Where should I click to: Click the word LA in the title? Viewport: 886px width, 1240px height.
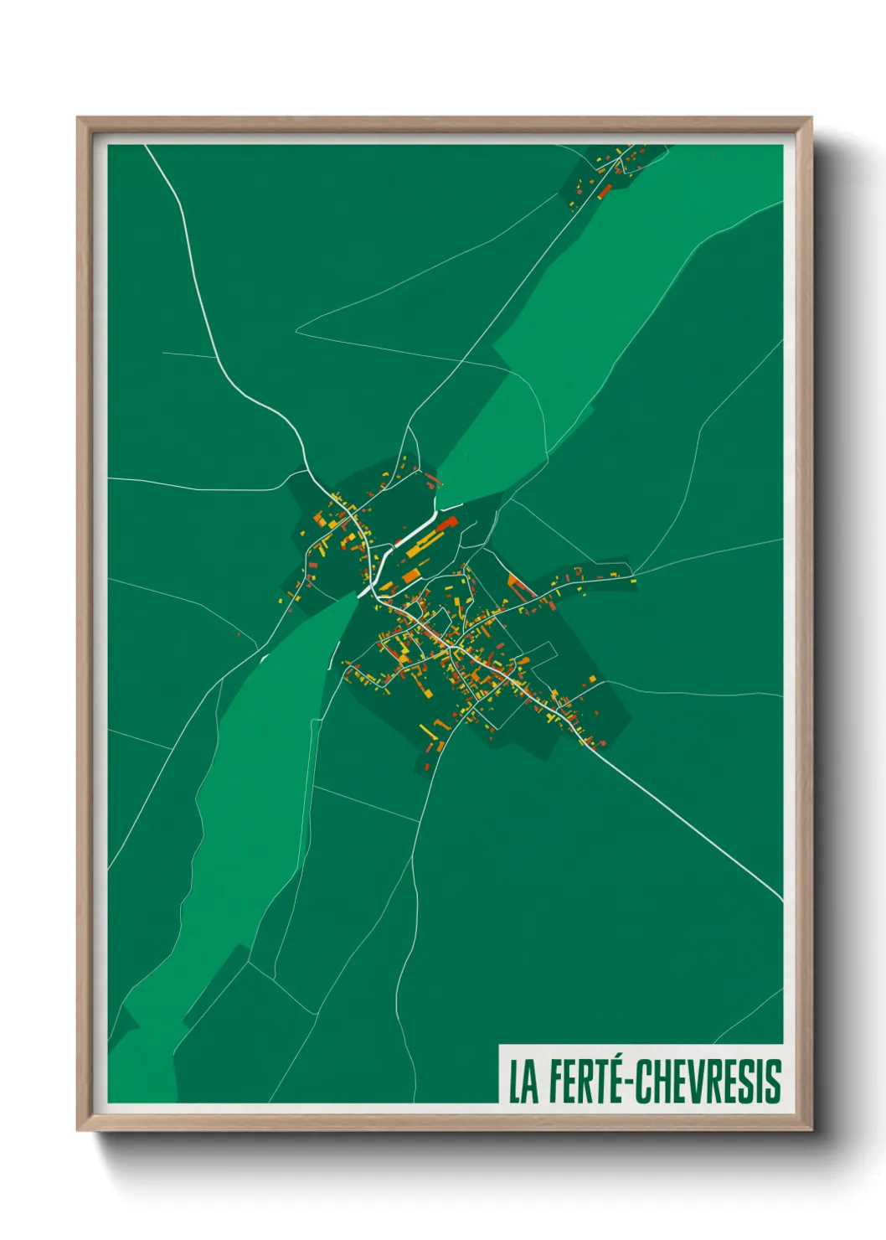pos(523,1082)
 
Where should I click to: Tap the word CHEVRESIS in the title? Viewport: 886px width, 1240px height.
pos(708,1082)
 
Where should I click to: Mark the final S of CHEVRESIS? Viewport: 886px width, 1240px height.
pos(774,1082)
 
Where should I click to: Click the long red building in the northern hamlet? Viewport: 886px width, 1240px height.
pos(605,191)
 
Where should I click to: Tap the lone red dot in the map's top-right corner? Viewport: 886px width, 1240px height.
pos(712,153)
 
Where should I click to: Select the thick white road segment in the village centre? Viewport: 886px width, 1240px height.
pos(410,535)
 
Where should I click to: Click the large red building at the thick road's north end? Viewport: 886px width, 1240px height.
pos(446,523)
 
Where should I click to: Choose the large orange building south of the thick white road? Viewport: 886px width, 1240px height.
pos(410,576)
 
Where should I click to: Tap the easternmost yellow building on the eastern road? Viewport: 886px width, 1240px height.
pos(633,580)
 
